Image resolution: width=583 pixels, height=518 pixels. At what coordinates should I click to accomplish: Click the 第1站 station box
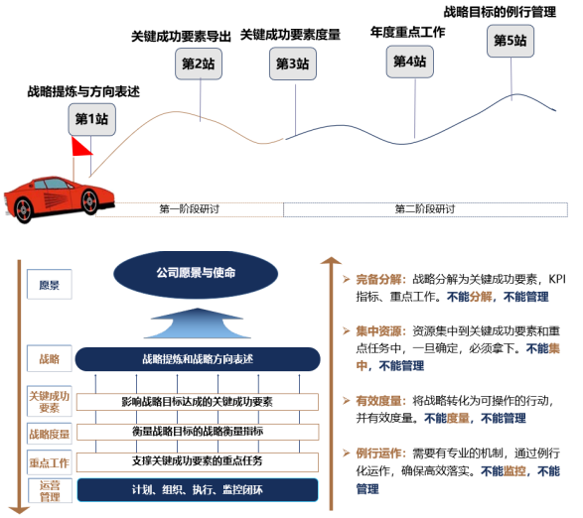tap(91, 120)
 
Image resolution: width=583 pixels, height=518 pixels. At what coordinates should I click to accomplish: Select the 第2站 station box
tap(199, 64)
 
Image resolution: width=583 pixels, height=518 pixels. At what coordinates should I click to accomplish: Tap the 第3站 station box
tap(293, 64)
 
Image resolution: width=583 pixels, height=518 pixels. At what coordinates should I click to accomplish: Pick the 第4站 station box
tap(410, 62)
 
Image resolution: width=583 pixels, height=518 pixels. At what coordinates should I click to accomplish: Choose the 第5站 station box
tap(510, 41)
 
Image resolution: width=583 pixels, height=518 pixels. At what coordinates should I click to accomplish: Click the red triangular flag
tap(80, 147)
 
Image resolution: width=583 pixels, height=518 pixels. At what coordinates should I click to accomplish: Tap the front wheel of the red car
tap(89, 201)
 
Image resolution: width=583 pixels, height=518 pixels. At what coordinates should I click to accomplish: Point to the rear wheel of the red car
tap(24, 210)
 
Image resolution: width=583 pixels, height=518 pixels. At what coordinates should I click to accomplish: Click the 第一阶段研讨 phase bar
tap(190, 209)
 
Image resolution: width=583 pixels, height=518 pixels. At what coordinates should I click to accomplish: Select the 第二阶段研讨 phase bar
tap(425, 209)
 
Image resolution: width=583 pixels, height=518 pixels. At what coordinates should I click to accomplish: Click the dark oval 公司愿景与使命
tap(196, 274)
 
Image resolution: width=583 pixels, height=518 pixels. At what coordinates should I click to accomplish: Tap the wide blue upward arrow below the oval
tap(197, 323)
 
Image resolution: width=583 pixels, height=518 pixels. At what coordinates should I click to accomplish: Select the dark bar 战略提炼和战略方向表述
tap(198, 359)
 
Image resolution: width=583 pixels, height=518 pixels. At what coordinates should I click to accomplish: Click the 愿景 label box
tap(50, 284)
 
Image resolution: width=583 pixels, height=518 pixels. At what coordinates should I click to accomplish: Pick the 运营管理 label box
tap(50, 490)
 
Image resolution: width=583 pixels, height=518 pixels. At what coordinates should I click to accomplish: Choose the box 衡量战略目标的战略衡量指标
tap(198, 432)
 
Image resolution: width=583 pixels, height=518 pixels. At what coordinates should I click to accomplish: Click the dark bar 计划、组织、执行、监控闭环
tap(198, 490)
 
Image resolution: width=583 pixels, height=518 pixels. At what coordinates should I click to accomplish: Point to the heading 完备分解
tap(378, 280)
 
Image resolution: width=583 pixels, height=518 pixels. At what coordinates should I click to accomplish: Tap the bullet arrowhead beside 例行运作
tap(347, 453)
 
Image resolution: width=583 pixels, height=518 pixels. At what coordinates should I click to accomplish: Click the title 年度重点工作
tap(407, 33)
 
